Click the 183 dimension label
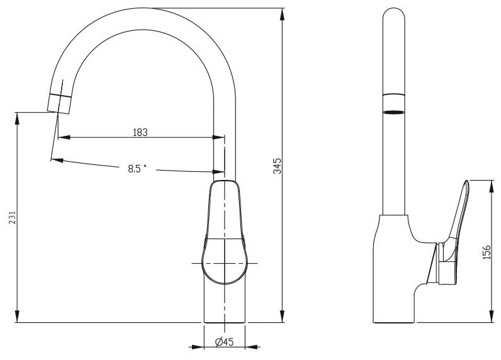(x=140, y=132)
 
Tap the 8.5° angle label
(x=137, y=168)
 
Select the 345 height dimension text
(x=278, y=166)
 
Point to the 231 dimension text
(x=12, y=218)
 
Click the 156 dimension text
(x=486, y=252)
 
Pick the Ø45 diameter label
(x=224, y=342)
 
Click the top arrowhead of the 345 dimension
(x=282, y=14)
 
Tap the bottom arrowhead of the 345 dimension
(x=282, y=316)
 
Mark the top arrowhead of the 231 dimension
(x=17, y=118)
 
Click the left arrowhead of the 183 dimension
(x=64, y=137)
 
